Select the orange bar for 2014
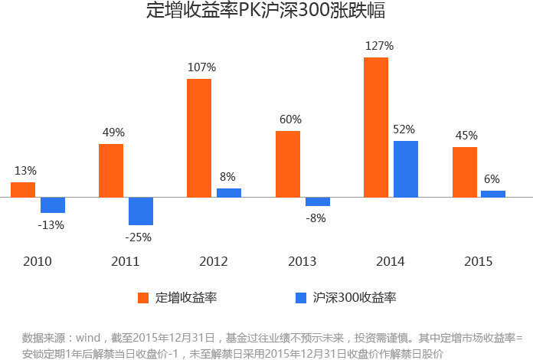point(376,127)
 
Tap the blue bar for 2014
point(405,169)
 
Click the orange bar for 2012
point(199,138)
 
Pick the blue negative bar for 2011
point(141,211)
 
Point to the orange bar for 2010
point(23,189)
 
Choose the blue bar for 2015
point(493,194)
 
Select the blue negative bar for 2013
point(318,201)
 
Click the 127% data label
point(378,46)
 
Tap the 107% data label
point(201,67)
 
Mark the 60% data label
point(290,119)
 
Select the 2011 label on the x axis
point(126,262)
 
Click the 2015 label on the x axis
point(479,262)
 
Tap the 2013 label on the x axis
point(302,262)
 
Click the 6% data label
point(492,179)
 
